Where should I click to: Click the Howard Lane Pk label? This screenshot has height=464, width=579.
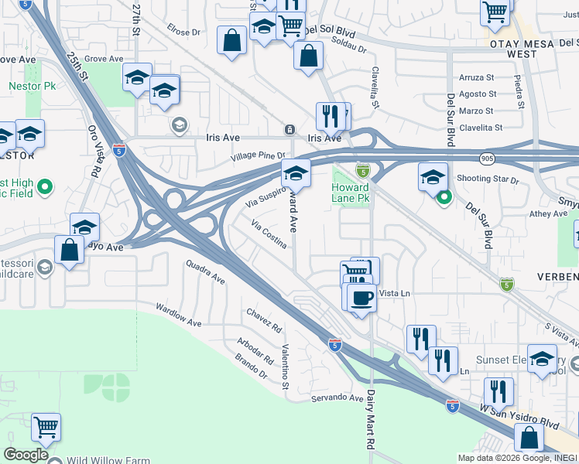click(x=351, y=193)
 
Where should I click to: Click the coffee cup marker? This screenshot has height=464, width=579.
click(x=361, y=296)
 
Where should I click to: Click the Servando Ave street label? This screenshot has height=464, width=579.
click(x=337, y=398)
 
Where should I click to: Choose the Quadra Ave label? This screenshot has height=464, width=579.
click(x=205, y=272)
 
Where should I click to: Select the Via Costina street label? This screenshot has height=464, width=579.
click(x=269, y=234)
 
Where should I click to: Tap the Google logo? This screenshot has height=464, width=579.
click(x=26, y=455)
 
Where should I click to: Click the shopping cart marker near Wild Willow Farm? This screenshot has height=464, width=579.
click(x=46, y=426)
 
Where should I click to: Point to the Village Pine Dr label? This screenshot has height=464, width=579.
click(x=258, y=156)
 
